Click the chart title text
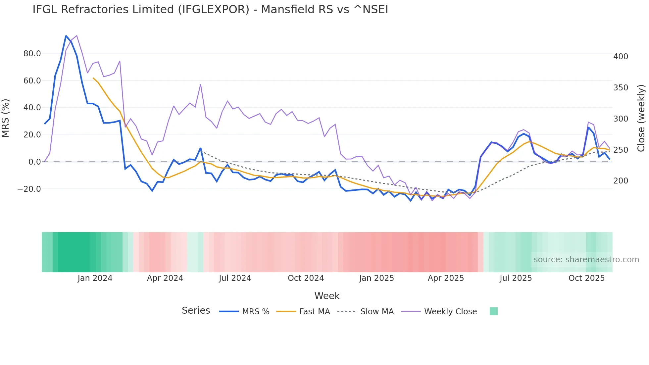210,10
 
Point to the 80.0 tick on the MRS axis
32,54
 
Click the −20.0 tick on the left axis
29,189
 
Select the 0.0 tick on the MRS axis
35,162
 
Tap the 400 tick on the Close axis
621,57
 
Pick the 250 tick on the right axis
621,150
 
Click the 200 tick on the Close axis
621,181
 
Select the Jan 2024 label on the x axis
95,278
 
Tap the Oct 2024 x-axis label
306,278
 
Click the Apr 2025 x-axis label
446,278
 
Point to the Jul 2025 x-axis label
516,278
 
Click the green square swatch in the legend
493,311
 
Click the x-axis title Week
327,296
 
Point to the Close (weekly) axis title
641,118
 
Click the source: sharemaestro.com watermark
586,260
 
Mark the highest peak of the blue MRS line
66,36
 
